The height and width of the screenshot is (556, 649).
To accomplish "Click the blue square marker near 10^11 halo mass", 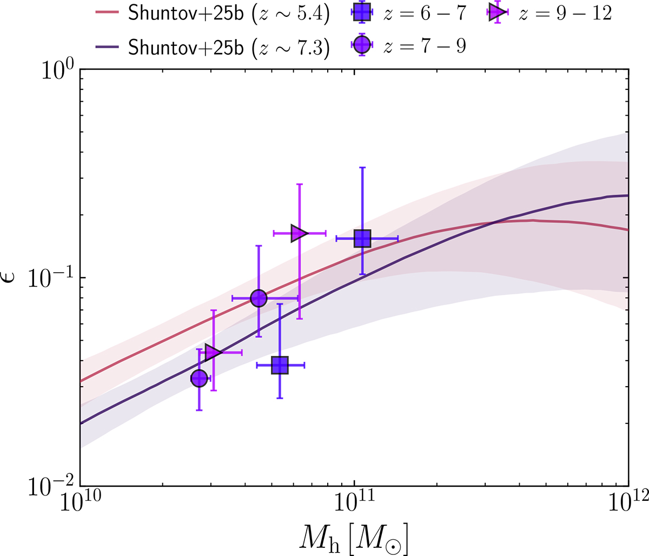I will click(x=362, y=238).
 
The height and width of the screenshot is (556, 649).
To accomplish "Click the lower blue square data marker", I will click(x=280, y=366).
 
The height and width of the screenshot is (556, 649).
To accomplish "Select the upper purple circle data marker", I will click(x=259, y=298).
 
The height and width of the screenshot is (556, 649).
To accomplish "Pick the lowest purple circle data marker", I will click(x=199, y=378).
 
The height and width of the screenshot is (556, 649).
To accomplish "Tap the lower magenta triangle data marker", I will click(x=213, y=353).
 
